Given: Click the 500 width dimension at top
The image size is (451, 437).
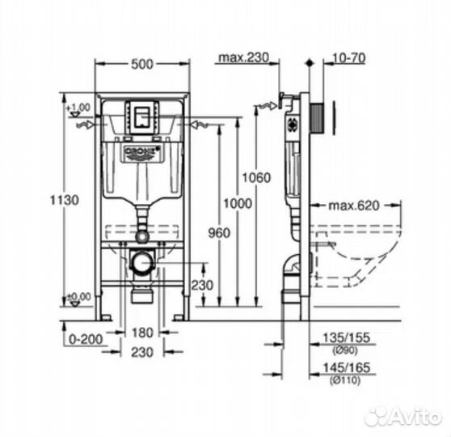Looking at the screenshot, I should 142,63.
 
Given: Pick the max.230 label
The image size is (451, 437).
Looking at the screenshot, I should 242,57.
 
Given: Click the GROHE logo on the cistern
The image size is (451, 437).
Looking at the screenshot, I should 141,152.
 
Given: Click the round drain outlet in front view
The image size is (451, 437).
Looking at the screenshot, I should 142,263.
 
